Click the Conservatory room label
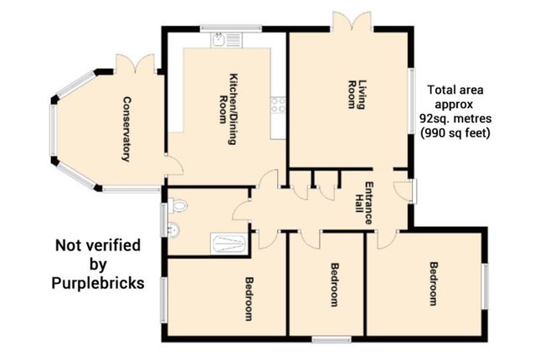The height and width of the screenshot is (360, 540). tap(126, 129)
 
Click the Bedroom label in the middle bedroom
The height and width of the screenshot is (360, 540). tap(334, 285)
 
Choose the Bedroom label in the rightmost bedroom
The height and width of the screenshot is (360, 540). tap(433, 285)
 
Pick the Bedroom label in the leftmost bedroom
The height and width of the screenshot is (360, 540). tap(249, 298)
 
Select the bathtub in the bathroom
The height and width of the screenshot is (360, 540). tap(229, 244)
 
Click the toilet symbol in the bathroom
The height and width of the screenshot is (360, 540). tap(174, 204)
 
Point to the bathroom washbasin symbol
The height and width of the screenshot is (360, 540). tap(172, 231)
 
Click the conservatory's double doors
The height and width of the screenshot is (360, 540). tap(135, 65)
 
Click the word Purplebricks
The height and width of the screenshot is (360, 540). tap(98, 283)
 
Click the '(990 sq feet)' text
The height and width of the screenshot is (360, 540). tap(455, 132)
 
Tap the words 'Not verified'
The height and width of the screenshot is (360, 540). tap(98, 245)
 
